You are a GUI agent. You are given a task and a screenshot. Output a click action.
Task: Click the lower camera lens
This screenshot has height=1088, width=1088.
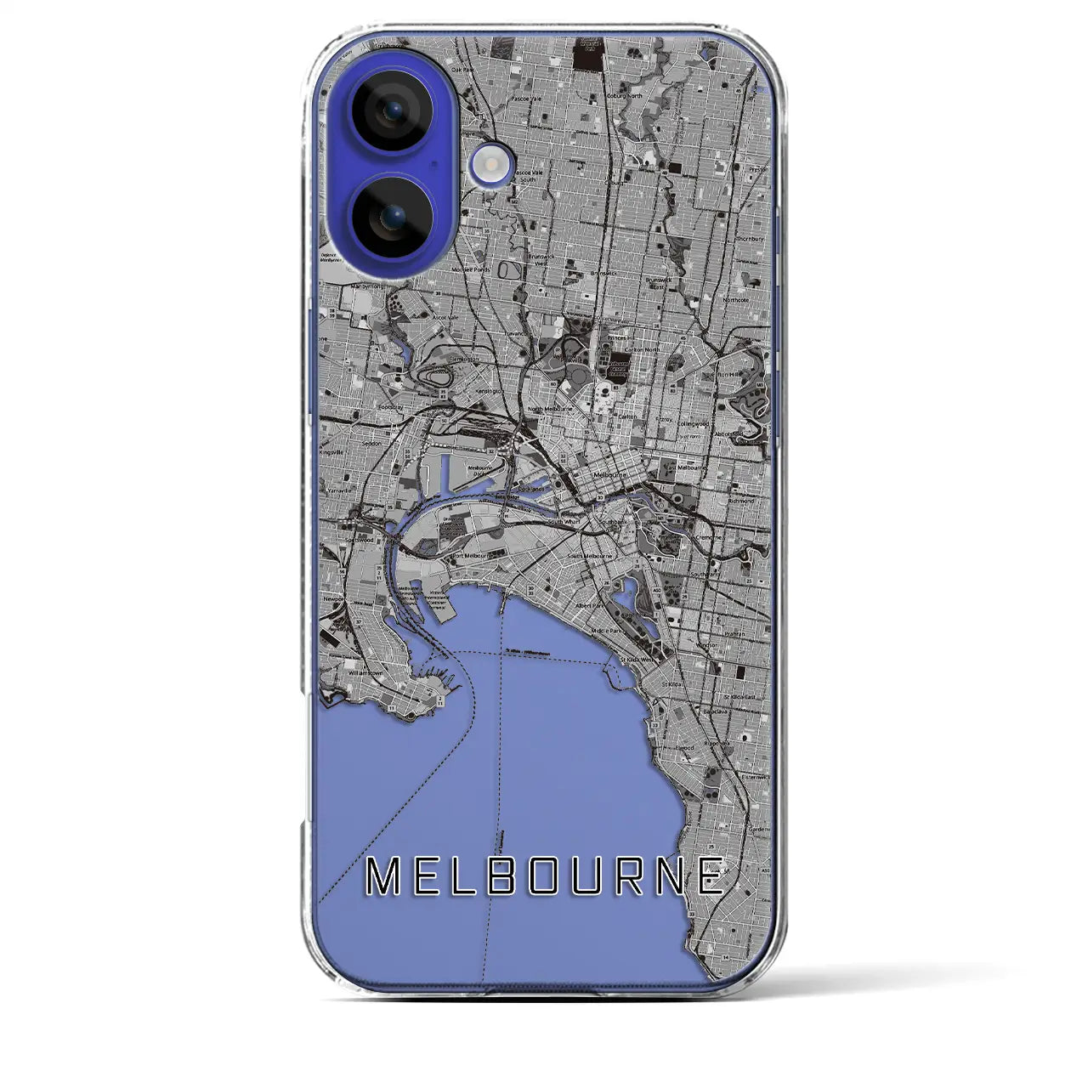coord(393,218)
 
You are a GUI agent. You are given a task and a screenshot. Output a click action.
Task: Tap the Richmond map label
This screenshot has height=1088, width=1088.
coord(741,501)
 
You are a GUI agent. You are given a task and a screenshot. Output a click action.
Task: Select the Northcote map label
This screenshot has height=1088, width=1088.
coord(735,300)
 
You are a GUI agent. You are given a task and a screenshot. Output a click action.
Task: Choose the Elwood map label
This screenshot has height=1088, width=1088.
coord(685,747)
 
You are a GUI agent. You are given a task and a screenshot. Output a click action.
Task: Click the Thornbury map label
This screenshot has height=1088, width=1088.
coord(750,240)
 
